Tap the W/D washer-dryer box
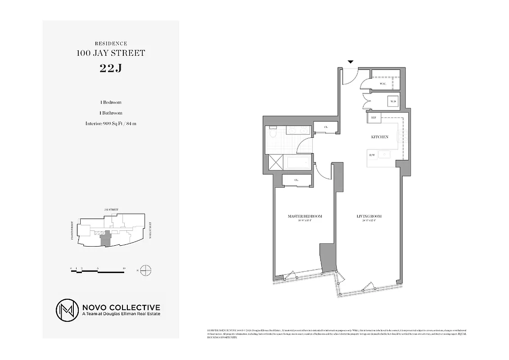pos(393,102)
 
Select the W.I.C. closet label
pos(383,84)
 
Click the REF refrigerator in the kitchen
pos(373,118)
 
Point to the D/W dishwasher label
pos(372,155)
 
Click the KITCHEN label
pos(379,137)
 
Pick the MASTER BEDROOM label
pos(305,216)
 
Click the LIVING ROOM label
pos(369,216)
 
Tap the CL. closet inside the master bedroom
pos(297,180)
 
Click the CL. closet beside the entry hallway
pos(326,128)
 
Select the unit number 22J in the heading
pos(111,68)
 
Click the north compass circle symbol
pos(146,270)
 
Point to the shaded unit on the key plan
pos(105,238)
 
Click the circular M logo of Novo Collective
pos(67,310)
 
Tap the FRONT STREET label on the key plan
pos(72,230)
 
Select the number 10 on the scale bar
pos(124,268)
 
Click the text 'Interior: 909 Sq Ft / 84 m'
pos(111,123)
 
